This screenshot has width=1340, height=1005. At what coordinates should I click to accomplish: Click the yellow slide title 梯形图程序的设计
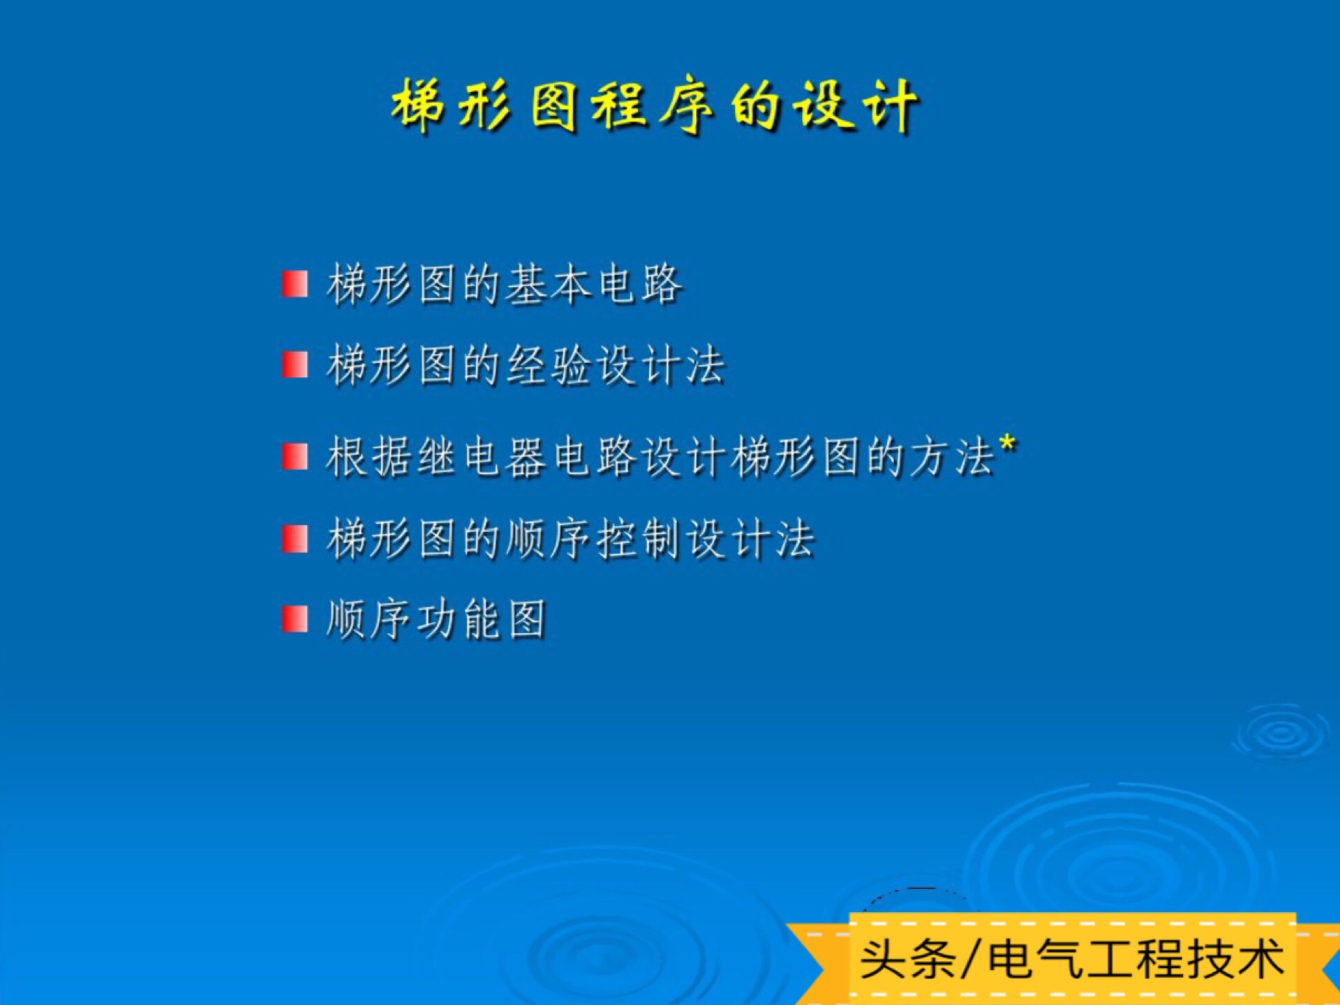coord(655,106)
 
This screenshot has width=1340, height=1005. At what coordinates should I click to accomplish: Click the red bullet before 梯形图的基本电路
coord(295,285)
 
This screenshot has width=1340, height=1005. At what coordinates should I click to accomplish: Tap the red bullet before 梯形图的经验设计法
coord(295,365)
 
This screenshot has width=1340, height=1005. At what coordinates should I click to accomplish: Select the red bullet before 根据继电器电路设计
coord(295,457)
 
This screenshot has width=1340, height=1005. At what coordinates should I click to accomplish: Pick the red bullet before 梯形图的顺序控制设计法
coord(295,539)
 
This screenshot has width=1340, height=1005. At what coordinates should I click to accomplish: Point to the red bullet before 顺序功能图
coord(295,619)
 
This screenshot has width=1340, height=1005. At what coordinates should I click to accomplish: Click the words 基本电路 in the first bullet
coord(593,285)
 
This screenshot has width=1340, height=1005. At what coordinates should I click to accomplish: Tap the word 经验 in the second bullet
coord(549,365)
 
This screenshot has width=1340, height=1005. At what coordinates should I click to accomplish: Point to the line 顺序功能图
coord(436,619)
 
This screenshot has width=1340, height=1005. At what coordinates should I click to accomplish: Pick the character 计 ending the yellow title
coord(890,106)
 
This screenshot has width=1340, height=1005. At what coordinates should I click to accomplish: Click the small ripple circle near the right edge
coord(1281,733)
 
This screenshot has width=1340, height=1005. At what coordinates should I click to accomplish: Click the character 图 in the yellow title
coord(553,106)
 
